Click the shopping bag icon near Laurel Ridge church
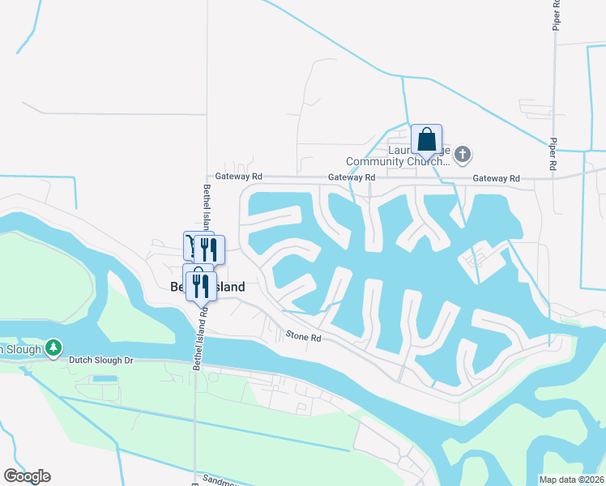pos(426,139)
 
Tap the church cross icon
pos(463,153)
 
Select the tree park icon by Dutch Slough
pos(53,347)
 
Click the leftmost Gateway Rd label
pos(238,176)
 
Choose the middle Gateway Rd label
pos(352,177)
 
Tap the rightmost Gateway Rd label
pos(496,178)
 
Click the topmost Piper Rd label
pos(556,16)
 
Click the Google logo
pos(27,475)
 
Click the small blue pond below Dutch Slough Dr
pos(105,378)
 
